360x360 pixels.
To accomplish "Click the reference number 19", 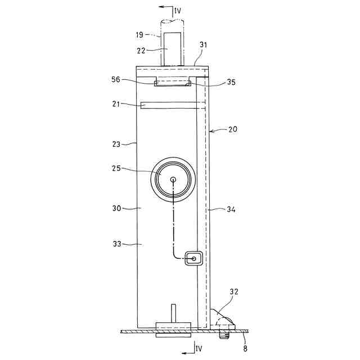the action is tap(139, 35).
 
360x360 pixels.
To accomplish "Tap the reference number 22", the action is tap(141, 51).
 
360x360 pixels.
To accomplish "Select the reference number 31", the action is tap(203, 45).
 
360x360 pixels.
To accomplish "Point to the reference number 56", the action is tap(116, 79).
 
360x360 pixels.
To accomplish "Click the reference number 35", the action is tap(231, 82).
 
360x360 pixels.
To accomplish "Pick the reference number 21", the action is tap(116, 104).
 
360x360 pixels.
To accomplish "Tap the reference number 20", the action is tap(233, 129).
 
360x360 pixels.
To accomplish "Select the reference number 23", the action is tap(116, 144).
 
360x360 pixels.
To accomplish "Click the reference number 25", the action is tap(116, 168).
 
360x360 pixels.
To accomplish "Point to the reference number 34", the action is tap(231, 209).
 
